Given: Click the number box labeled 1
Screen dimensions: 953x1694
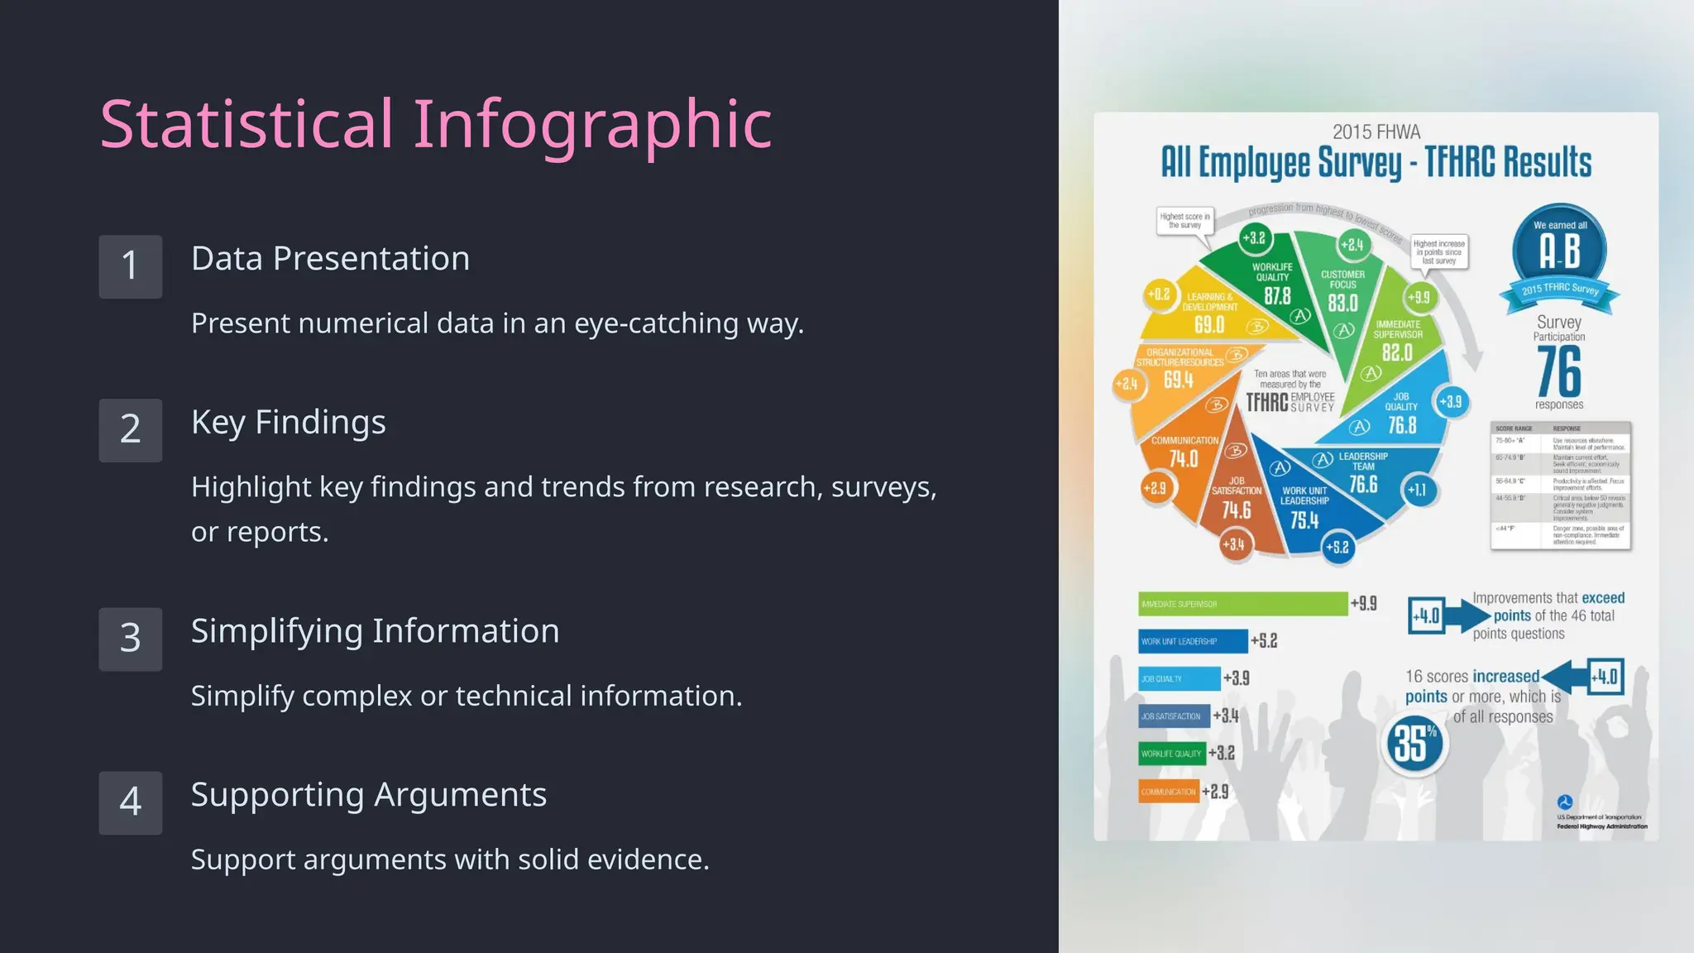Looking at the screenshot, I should coord(130,266).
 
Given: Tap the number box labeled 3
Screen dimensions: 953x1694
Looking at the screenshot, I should coord(130,639).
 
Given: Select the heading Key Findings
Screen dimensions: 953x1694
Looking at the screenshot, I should coord(288,422).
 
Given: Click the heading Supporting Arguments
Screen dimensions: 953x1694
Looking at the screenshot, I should coord(368,794).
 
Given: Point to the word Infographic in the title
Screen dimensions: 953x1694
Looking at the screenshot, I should coord(591,124).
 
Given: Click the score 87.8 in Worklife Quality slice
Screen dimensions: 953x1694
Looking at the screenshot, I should coord(1277,296).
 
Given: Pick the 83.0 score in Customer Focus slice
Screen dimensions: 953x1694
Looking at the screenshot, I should coord(1342,304).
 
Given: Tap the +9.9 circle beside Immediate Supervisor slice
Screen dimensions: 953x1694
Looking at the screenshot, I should coord(1419,298).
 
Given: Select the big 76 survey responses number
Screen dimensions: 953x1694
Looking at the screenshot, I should coord(1559,372).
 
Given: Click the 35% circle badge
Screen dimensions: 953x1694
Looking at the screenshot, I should coord(1414,743).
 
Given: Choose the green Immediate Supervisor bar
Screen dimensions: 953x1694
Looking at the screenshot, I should coord(1242,604).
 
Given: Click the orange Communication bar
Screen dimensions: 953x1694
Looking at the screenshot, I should coord(1168,792).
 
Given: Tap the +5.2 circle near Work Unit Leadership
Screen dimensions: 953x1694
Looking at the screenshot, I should coord(1337,548).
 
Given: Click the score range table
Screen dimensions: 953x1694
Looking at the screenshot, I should coord(1560,486).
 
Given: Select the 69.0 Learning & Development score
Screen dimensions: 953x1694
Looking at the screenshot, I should coord(1208,325).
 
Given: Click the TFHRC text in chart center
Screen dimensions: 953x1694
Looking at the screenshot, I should coord(1266,403).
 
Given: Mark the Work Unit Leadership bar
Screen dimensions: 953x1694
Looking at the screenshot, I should coord(1192,641).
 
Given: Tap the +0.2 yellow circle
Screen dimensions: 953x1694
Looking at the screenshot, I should coord(1159,295).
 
